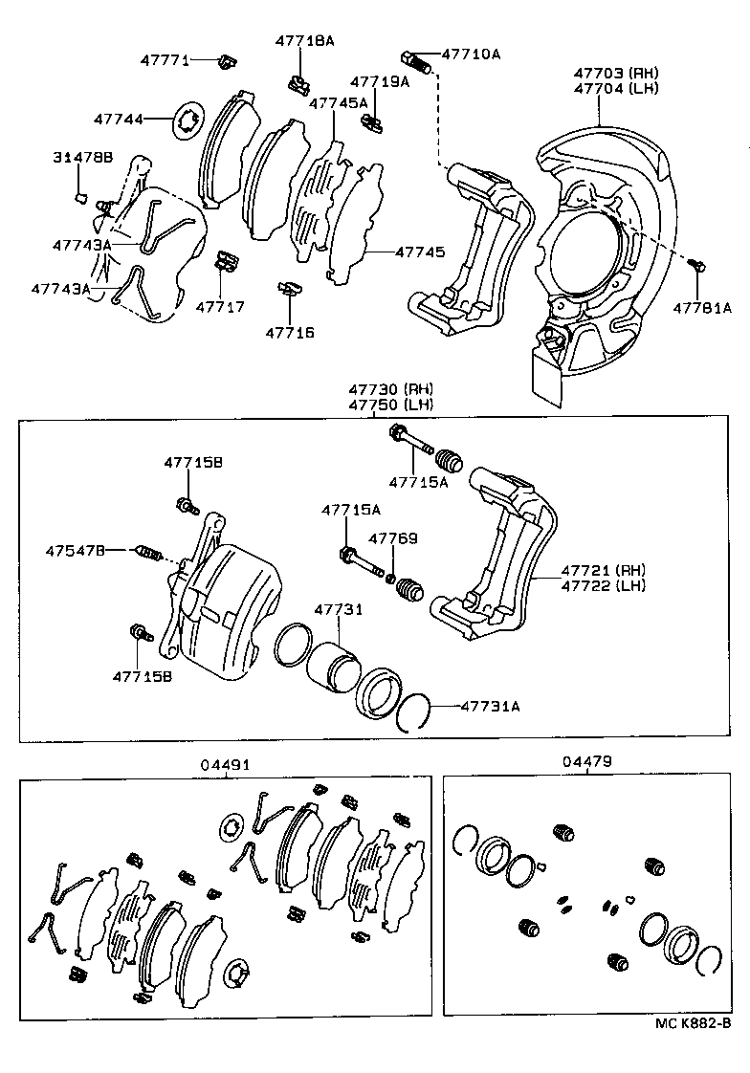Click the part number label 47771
coord(165,59)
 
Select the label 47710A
coord(470,55)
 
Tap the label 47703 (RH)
coord(617,73)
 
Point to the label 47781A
coord(701,308)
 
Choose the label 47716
coord(289,333)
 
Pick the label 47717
coord(220,307)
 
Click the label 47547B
coord(75,550)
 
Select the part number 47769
coord(393,538)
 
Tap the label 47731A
coord(490,707)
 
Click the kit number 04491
coord(225,764)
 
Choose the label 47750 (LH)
coord(390,405)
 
